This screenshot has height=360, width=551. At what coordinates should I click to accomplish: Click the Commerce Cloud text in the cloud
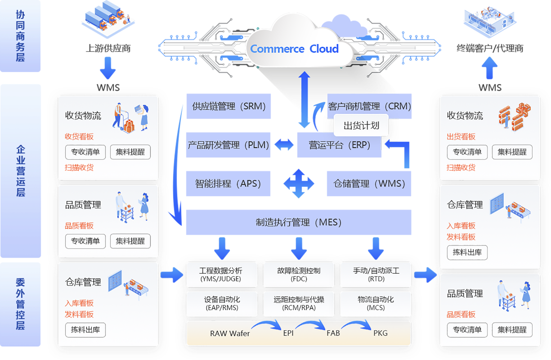pyautogui.click(x=294, y=49)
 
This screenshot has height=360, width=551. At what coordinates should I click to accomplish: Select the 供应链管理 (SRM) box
pyautogui.click(x=228, y=106)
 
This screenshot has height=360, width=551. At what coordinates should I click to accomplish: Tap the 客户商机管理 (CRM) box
pyautogui.click(x=369, y=106)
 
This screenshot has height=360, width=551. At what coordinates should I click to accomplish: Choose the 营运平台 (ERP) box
pyautogui.click(x=339, y=145)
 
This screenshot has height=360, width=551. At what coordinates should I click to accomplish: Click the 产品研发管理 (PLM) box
pyautogui.click(x=228, y=145)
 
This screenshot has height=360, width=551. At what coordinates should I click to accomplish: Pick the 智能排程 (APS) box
pyautogui.click(x=228, y=184)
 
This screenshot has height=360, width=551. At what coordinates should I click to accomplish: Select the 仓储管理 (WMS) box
pyautogui.click(x=369, y=184)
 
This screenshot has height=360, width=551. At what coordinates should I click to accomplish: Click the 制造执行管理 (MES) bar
pyautogui.click(x=299, y=222)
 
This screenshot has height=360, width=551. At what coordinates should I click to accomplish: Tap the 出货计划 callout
pyautogui.click(x=361, y=126)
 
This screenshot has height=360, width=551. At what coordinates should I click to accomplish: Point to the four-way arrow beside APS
pyautogui.click(x=299, y=184)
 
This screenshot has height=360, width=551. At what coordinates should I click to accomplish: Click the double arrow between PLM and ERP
pyautogui.click(x=284, y=145)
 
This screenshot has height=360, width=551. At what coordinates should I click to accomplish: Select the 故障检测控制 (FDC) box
pyautogui.click(x=299, y=274)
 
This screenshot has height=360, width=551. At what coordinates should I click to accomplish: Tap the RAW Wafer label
pyautogui.click(x=230, y=333)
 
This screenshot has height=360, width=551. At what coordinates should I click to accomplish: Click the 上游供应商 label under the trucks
pyautogui.click(x=108, y=48)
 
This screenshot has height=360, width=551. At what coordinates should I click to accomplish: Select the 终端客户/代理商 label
pyautogui.click(x=490, y=48)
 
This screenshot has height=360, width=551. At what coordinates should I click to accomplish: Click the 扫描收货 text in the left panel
pyautogui.click(x=79, y=167)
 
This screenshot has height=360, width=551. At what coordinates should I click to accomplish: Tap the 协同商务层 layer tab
pyautogui.click(x=20, y=36)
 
